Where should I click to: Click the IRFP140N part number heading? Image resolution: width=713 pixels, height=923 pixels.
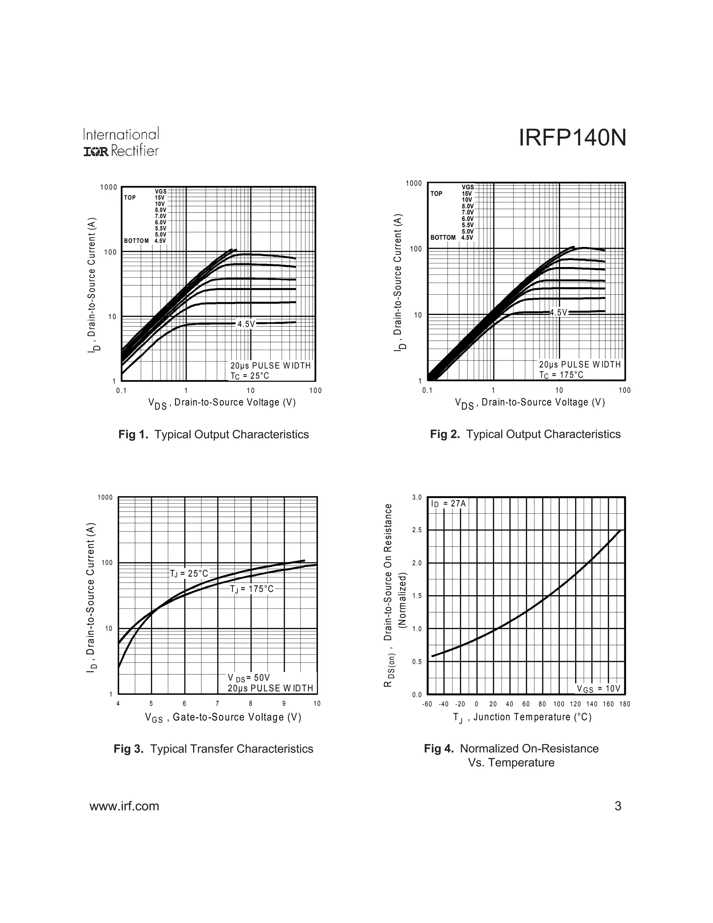point(572,138)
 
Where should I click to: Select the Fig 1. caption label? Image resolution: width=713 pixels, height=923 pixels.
point(133,434)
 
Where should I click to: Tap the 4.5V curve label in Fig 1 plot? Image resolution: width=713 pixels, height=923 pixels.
point(246,324)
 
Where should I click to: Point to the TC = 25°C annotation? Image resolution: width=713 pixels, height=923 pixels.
point(250,376)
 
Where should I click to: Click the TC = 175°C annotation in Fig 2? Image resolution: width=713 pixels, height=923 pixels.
point(561,375)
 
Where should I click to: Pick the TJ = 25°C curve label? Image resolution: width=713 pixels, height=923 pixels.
point(189,574)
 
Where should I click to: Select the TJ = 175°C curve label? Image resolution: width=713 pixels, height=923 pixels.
point(252,589)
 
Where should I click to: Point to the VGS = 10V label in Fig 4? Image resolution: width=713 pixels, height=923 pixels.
point(598,689)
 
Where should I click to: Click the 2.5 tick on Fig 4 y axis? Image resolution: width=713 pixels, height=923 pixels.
point(417,530)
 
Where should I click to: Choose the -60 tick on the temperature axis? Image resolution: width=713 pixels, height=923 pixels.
point(427,704)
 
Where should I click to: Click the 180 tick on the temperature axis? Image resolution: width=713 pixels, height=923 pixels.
point(625,704)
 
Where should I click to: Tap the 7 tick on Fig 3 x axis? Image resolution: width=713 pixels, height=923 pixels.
point(218,704)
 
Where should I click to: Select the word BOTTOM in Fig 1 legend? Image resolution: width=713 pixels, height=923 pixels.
point(136,241)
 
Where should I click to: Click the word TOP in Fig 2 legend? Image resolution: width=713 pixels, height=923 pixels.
point(436,194)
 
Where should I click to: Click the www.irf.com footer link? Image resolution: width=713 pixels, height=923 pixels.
point(124,806)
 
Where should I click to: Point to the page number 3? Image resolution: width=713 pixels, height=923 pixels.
point(618,806)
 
